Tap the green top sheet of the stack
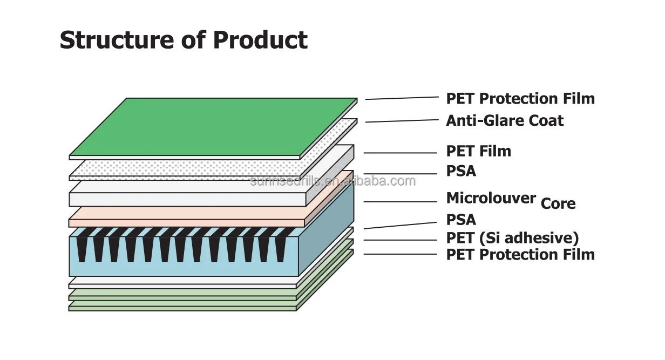(x=214, y=127)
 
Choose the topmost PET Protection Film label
(x=520, y=99)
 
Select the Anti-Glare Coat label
(x=504, y=120)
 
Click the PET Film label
(x=478, y=151)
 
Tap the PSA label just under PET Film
(x=461, y=171)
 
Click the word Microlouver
(x=491, y=198)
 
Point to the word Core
(x=558, y=204)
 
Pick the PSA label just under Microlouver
(x=461, y=220)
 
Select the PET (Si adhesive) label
(x=512, y=238)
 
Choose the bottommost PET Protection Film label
(x=520, y=254)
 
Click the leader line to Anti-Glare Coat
(x=402, y=121)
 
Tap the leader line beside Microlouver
(x=400, y=202)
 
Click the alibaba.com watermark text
(x=333, y=181)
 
